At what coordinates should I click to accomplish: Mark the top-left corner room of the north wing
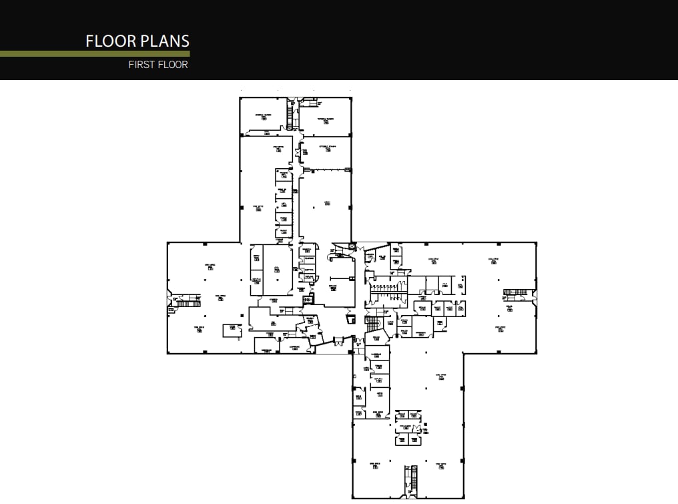click(x=264, y=117)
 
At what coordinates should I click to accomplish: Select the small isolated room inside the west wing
click(x=232, y=329)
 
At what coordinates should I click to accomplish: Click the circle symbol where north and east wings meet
click(x=352, y=246)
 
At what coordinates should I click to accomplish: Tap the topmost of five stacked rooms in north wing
click(x=284, y=176)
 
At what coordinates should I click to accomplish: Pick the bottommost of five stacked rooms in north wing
click(x=284, y=232)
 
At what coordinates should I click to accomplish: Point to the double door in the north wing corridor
click(x=296, y=153)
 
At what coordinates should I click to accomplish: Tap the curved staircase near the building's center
click(x=372, y=324)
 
